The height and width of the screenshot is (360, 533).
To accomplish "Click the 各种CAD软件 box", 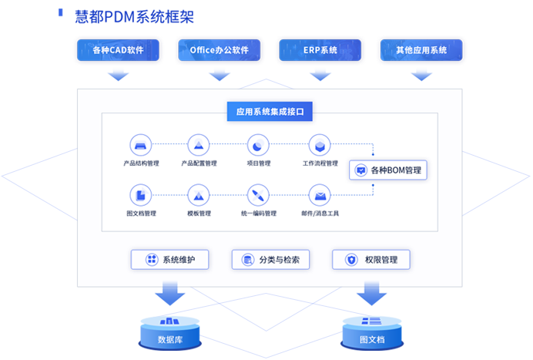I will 118,50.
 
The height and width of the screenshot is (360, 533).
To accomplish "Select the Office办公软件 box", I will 219,50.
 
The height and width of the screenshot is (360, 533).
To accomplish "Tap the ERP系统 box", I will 320,50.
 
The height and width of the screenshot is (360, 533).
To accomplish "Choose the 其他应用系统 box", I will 421,50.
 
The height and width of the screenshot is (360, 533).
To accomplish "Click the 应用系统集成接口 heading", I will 270,112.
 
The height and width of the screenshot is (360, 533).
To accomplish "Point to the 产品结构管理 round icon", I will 141,145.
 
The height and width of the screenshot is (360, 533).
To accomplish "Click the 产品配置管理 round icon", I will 199,145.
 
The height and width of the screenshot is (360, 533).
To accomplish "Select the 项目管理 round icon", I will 258,145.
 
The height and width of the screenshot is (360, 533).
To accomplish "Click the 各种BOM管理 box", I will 388,170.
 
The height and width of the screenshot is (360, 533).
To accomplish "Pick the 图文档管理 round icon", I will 141,194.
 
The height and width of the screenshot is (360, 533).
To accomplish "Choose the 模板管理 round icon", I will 199,194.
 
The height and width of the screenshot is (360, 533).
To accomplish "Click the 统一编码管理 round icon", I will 258,194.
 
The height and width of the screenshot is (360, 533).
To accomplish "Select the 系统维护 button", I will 170,260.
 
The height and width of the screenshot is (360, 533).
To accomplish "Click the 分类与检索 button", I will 270,260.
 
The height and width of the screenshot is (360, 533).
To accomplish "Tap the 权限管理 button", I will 370,260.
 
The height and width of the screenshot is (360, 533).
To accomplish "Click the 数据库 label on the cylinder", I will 169,340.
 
